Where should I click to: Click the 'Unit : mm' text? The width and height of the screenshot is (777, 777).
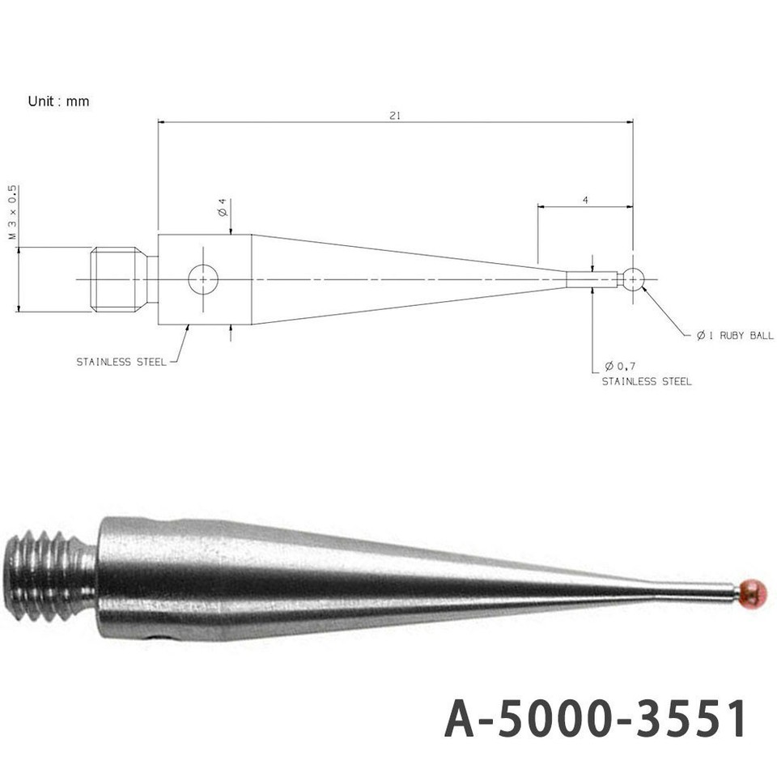[58, 102]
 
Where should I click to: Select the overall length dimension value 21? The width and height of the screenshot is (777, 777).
[395, 116]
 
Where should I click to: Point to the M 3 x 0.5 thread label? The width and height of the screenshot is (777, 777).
[12, 212]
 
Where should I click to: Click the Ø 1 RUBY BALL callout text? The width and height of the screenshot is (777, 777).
[734, 335]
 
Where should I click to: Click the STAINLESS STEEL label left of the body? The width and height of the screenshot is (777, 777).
[121, 362]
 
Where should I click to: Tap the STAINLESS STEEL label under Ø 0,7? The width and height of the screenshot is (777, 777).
[646, 381]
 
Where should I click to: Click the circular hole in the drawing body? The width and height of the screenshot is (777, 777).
[203, 280]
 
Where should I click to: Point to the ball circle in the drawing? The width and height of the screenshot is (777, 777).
[634, 279]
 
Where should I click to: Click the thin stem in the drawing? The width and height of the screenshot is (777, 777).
[592, 279]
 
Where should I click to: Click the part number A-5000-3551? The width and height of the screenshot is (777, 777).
[595, 719]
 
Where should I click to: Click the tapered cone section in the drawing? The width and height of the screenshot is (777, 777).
[388, 280]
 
